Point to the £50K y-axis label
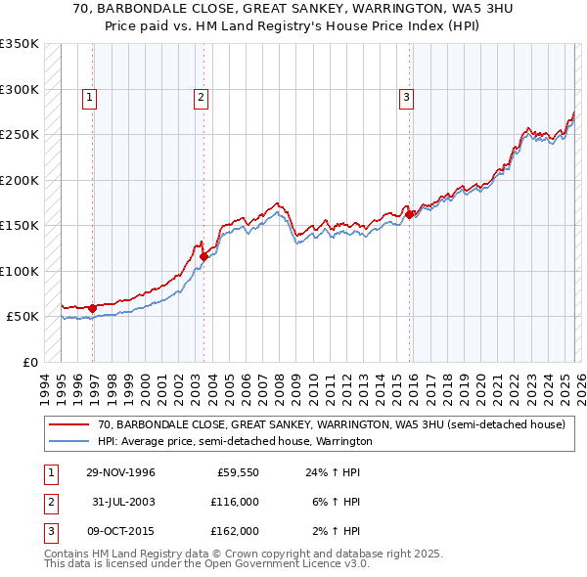[x=23, y=317]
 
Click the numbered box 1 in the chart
[x=89, y=97]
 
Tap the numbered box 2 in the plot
[x=200, y=97]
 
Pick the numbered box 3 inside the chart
[x=405, y=97]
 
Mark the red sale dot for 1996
[x=93, y=308]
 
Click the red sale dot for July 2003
[x=203, y=257]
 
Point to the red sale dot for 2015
[x=409, y=215]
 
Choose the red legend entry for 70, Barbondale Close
[x=331, y=425]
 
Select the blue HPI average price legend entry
[x=235, y=441]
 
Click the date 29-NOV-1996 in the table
[x=120, y=472]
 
